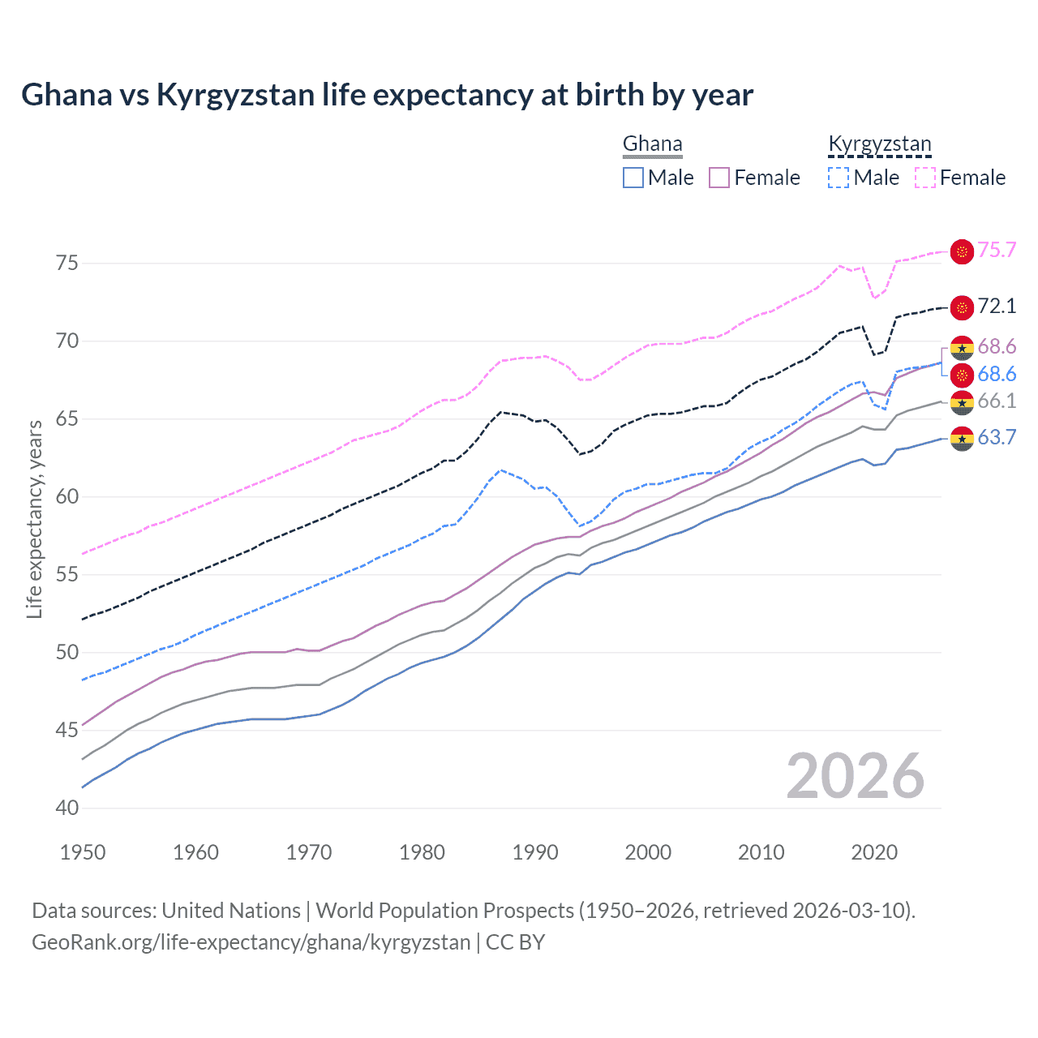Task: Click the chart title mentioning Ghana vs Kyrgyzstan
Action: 387,95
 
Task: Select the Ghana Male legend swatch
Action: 633,178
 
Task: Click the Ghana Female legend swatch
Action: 719,178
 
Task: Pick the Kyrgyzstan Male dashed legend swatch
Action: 839,178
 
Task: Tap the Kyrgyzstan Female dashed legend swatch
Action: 925,178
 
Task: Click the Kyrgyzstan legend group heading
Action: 879,144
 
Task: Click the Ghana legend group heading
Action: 652,144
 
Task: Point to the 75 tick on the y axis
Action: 67,264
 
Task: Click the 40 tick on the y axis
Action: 67,809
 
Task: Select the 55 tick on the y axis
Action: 67,575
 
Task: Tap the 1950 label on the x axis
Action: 83,852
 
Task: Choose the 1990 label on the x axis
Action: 535,852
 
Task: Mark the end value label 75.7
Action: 997,251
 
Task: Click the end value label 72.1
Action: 997,307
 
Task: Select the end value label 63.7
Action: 997,438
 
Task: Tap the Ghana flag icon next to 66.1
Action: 962,401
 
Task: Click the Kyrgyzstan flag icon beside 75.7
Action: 962,251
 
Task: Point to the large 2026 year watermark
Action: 856,776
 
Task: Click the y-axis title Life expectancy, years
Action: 35,519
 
